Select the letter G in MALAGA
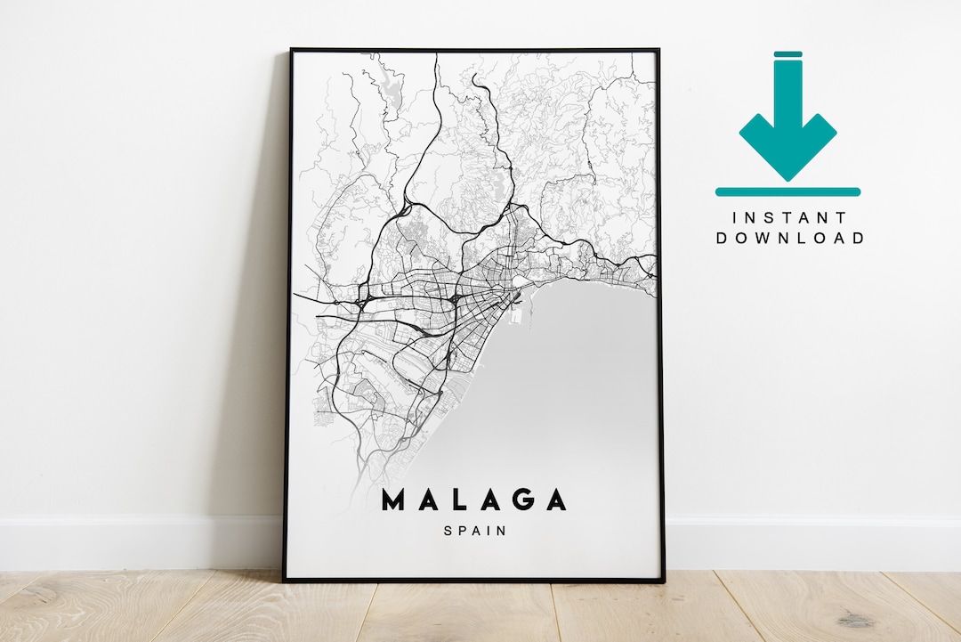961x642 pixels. click(x=524, y=500)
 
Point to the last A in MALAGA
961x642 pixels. click(x=556, y=500)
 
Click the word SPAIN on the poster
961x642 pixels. click(x=474, y=531)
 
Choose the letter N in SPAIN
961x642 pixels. click(x=502, y=531)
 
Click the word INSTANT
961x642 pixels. click(x=788, y=217)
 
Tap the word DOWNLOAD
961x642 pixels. click(x=789, y=238)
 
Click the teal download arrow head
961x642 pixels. click(x=787, y=142)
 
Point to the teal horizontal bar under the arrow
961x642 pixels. click(x=787, y=191)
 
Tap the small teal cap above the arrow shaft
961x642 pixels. click(x=787, y=54)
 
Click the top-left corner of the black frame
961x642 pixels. click(x=291, y=50)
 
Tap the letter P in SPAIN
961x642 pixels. click(x=461, y=531)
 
